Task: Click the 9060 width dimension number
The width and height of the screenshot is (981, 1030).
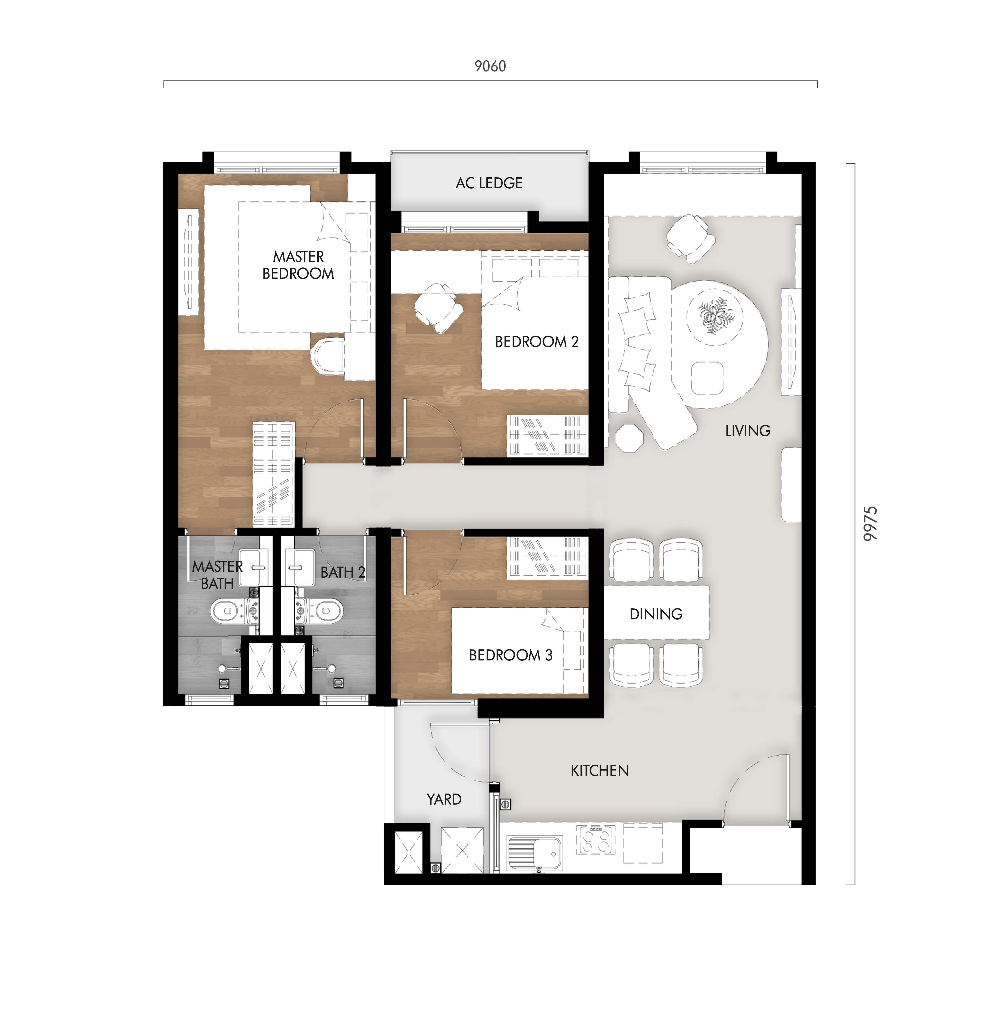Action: coord(490,67)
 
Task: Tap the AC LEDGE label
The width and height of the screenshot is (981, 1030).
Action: coord(489,183)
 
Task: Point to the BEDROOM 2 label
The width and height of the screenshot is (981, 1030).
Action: coord(537,342)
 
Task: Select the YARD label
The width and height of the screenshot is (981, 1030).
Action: coord(444,799)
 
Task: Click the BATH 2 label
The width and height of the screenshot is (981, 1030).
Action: coord(343,572)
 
